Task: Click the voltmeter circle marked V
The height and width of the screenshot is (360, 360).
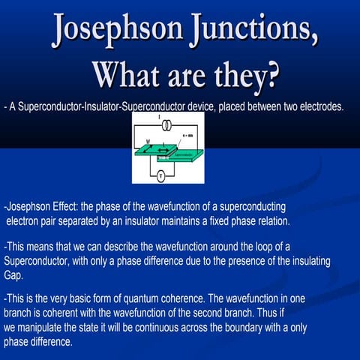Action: click(x=160, y=175)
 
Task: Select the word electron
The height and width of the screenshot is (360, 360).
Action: click(x=27, y=221)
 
